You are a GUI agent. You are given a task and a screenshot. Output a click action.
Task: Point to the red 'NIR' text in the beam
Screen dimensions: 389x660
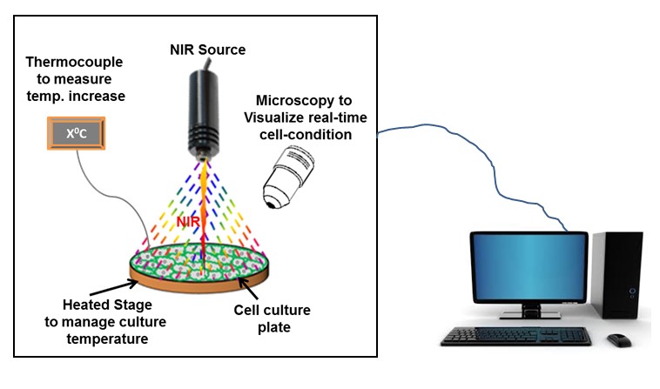tap(189, 224)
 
